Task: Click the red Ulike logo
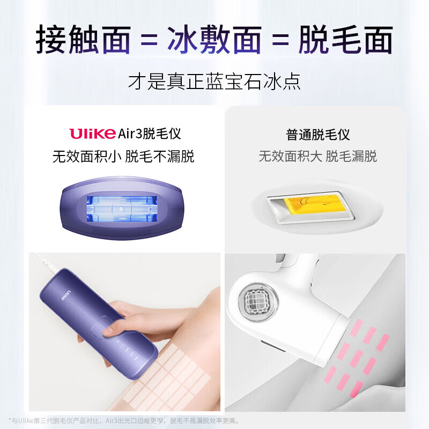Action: [x=92, y=134]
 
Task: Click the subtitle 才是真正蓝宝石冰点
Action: [x=214, y=82]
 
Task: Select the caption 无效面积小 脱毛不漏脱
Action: [x=123, y=157]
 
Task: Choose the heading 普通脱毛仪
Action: [x=318, y=134]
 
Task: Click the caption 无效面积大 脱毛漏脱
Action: [x=318, y=157]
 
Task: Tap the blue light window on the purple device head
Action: [x=123, y=208]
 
